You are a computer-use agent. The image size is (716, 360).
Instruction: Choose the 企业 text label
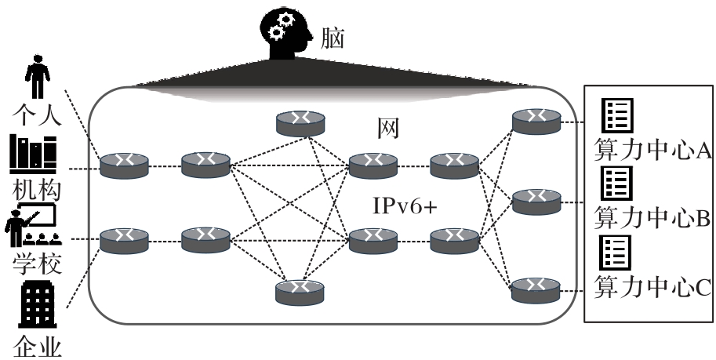pyautogui.click(x=36, y=345)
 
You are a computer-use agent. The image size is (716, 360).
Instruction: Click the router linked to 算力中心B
pyautogui.click(x=536, y=202)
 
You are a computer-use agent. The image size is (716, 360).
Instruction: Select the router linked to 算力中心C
pyautogui.click(x=536, y=290)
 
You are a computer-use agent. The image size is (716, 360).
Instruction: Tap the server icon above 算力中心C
pyautogui.click(x=617, y=253)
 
